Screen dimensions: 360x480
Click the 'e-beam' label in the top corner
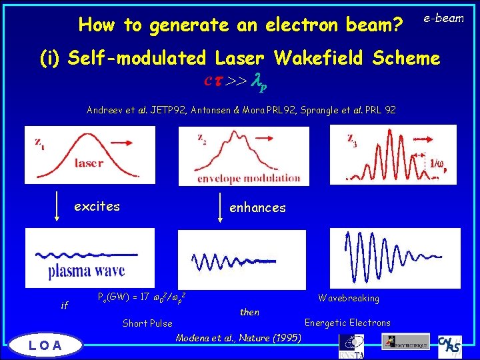click(x=444, y=18)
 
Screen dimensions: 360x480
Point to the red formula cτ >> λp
click(x=237, y=82)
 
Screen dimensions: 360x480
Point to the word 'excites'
click(x=97, y=207)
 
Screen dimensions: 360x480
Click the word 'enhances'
click(x=257, y=208)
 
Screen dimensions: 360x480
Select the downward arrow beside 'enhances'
click(x=221, y=209)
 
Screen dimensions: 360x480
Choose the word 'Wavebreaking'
click(x=349, y=298)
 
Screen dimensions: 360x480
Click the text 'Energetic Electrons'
click(x=347, y=323)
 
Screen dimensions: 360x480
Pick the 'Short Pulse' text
click(x=147, y=324)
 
